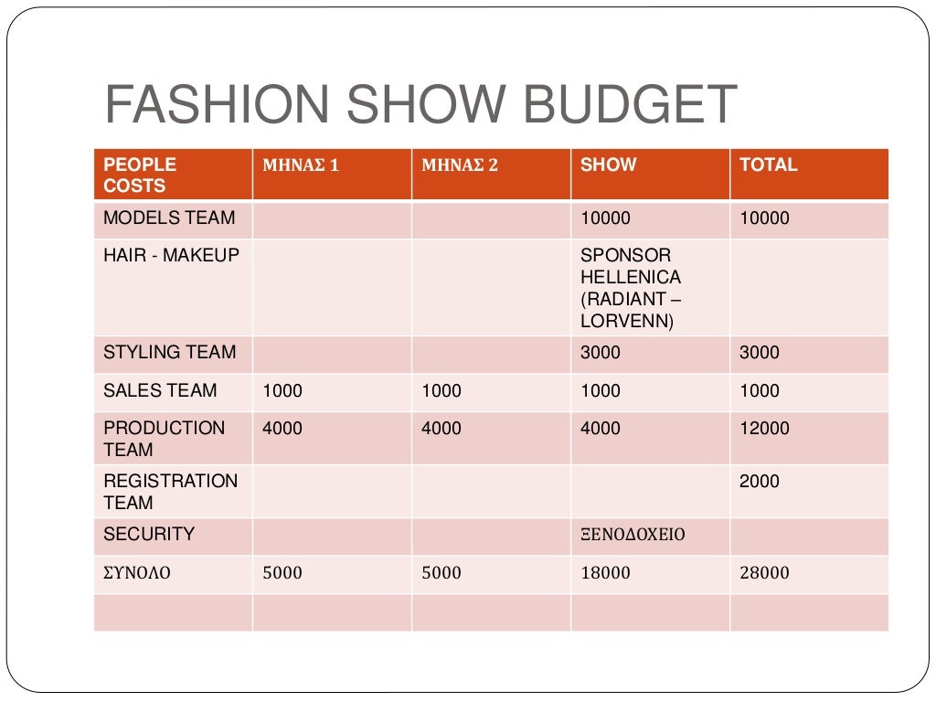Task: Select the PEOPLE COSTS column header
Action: [140, 175]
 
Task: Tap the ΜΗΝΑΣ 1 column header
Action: [301, 165]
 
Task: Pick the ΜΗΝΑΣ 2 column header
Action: [460, 165]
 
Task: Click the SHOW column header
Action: [609, 165]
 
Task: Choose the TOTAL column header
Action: [769, 165]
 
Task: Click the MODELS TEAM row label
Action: [169, 218]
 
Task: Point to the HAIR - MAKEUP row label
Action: [171, 256]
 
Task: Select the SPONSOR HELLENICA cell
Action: [632, 288]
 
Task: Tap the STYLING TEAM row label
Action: [170, 353]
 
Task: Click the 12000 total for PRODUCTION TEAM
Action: [764, 429]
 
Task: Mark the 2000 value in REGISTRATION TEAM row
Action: [760, 482]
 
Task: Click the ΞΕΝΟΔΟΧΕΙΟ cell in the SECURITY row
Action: [633, 535]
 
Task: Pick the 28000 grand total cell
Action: [764, 574]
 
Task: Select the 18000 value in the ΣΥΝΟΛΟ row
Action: [605, 574]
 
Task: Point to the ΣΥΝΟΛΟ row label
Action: [137, 574]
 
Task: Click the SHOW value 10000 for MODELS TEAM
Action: [605, 218]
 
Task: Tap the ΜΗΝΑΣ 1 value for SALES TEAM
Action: [282, 391]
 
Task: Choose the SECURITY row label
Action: [149, 534]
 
